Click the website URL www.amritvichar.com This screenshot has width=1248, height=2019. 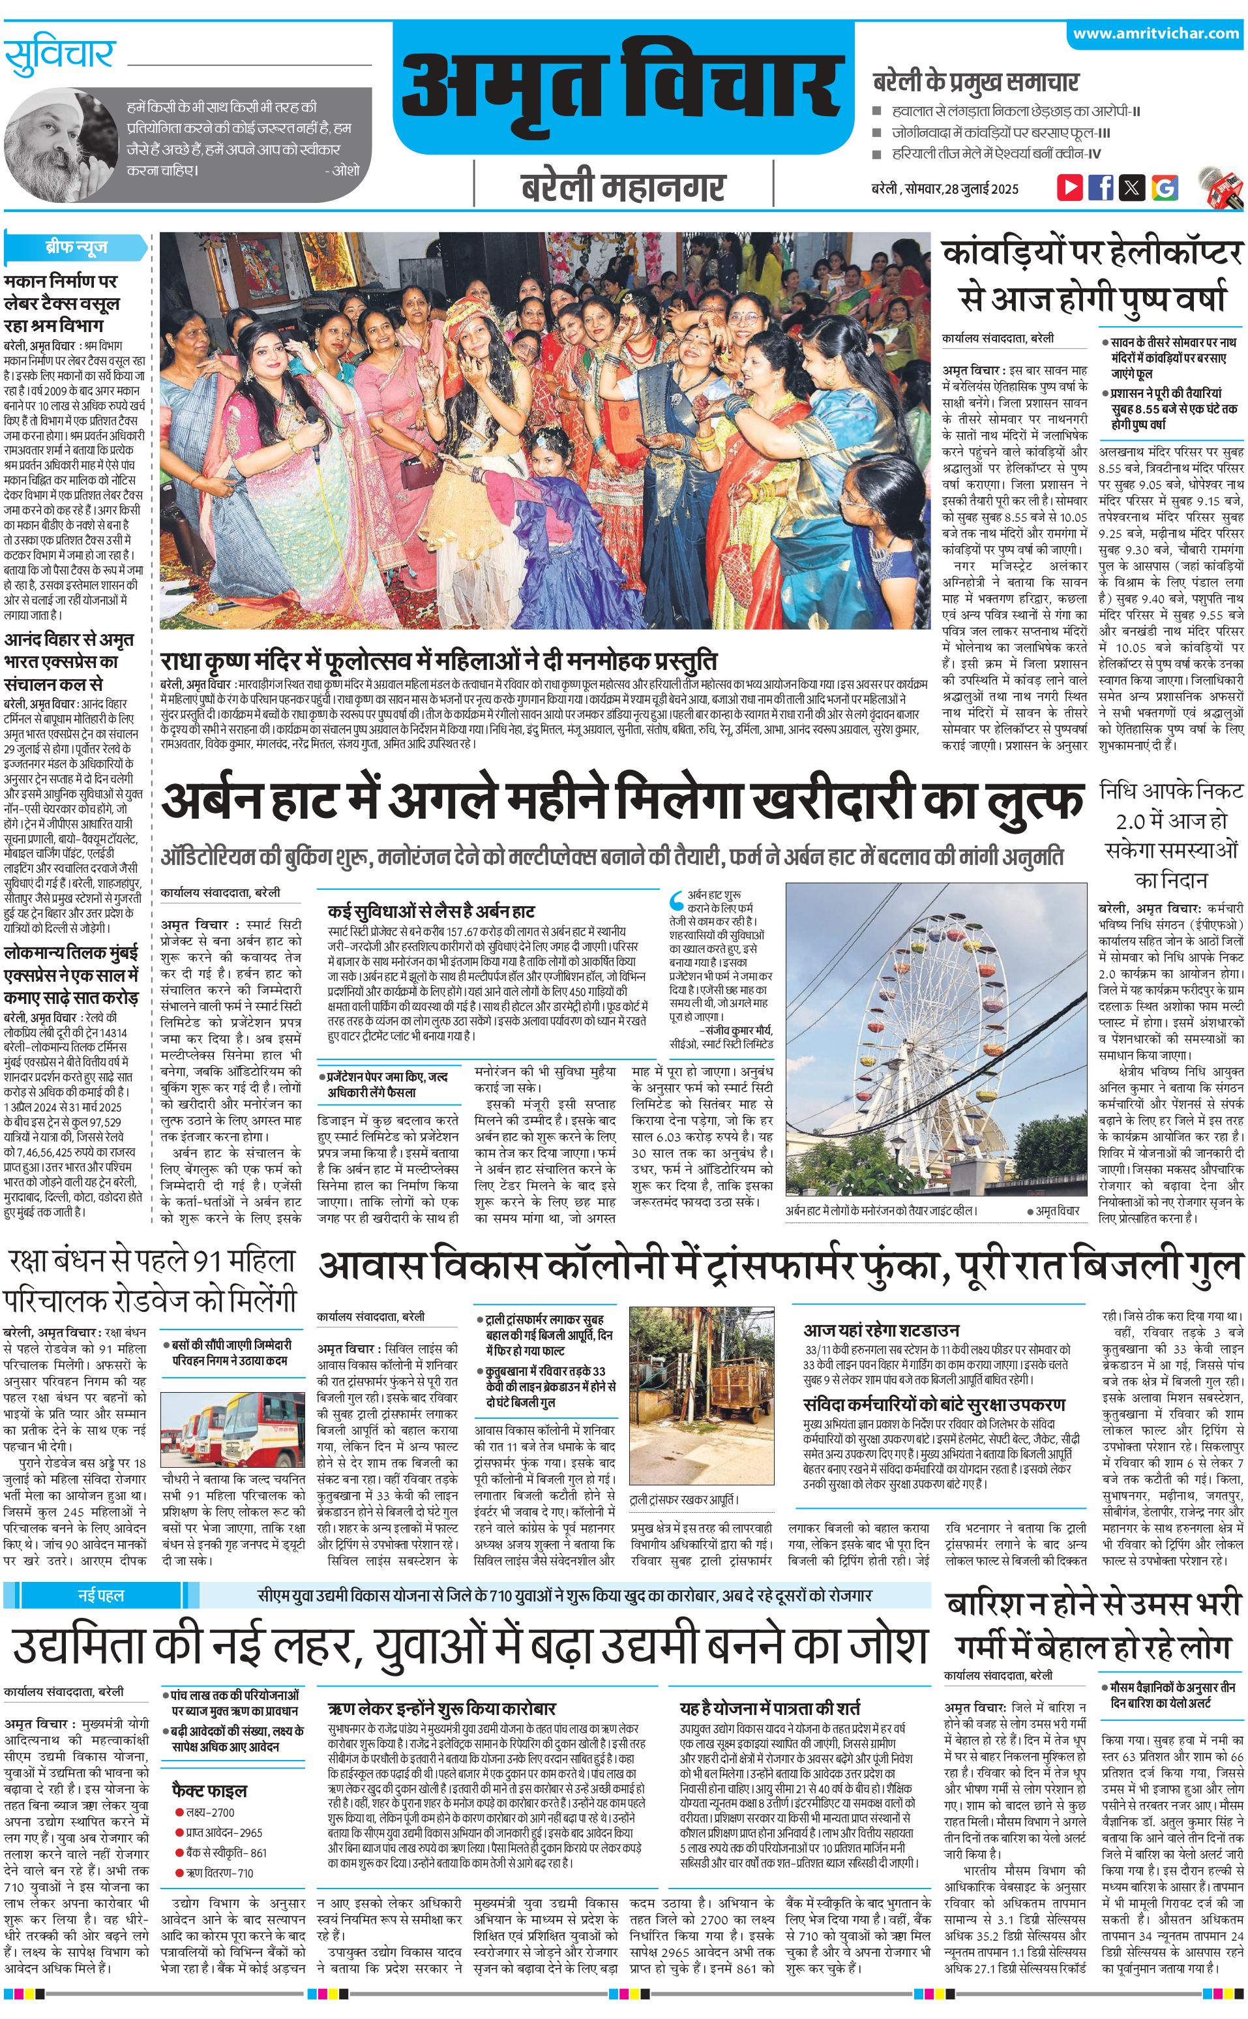coord(1155,34)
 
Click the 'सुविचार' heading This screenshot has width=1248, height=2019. coord(59,55)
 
